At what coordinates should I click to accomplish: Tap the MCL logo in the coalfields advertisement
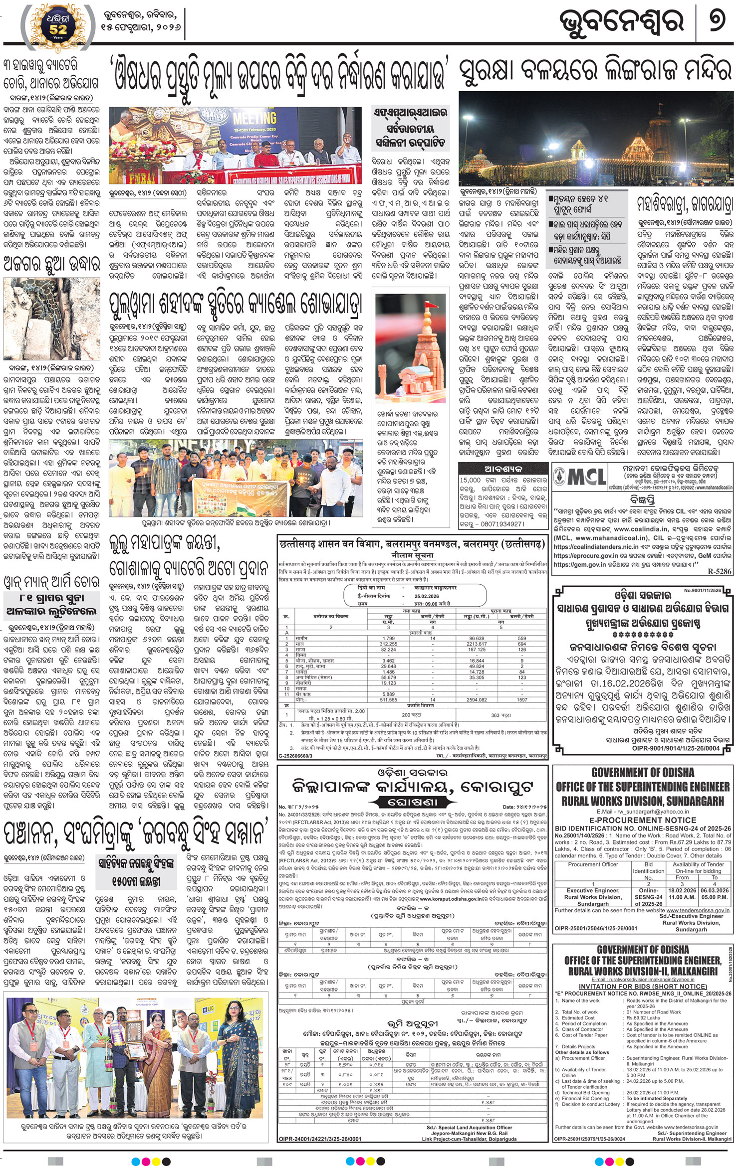click(x=580, y=477)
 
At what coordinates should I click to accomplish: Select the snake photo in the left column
click(x=51, y=319)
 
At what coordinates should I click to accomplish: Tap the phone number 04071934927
click(x=498, y=524)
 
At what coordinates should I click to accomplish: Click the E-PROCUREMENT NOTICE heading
click(x=643, y=820)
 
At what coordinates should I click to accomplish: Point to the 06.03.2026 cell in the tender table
click(x=715, y=890)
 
